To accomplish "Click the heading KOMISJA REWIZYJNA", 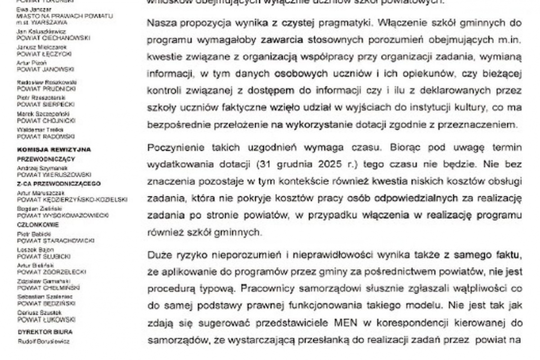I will pyautogui.click(x=54, y=149).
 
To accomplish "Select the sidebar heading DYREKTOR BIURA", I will pyautogui.click(x=45, y=332).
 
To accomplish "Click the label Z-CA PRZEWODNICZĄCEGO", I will pyautogui.click(x=59, y=184).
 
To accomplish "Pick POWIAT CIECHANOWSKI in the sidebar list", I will pyautogui.click(x=53, y=38).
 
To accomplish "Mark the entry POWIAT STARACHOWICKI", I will pyautogui.click(x=55, y=240).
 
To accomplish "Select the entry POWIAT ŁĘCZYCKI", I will pyautogui.click(x=45, y=54).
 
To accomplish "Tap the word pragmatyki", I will pyautogui.click(x=341, y=22).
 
